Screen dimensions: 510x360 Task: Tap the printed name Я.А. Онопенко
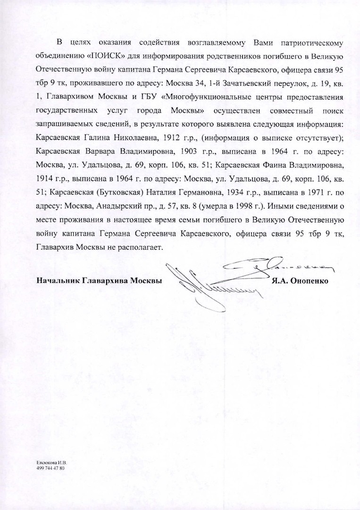[x=300, y=280]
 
